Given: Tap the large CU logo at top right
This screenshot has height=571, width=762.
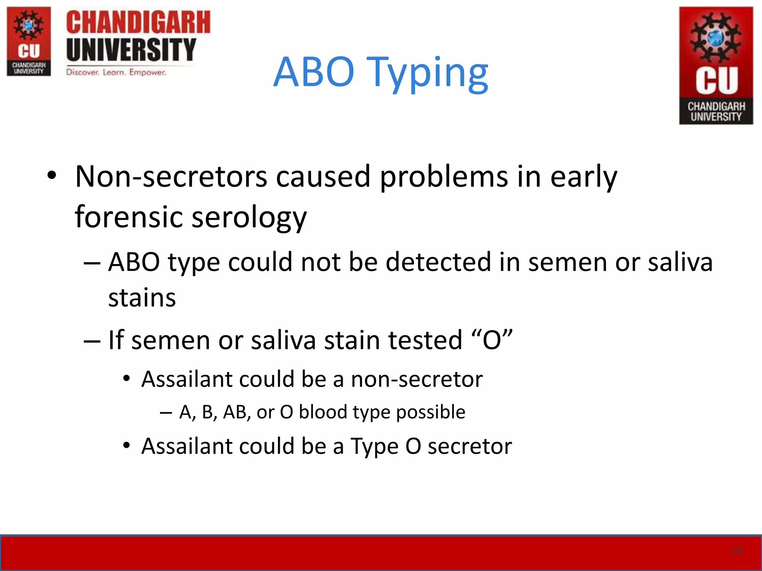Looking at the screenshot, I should pos(716,65).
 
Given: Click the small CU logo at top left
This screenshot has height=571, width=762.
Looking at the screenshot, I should pos(29,41).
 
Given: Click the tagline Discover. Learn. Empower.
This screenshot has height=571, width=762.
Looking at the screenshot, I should pos(116,72).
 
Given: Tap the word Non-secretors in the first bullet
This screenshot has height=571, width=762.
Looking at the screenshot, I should pos(171,177).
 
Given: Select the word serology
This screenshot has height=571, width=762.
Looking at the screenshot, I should pos(249,217).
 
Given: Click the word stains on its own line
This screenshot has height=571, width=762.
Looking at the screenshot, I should pos(142,298).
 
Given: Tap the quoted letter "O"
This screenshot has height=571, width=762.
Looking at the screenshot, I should pos(492,340).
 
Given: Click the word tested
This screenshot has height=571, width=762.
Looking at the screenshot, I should pos(425,340).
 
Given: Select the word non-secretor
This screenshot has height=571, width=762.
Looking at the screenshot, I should pos(417,379).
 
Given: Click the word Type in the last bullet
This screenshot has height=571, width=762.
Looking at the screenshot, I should pos(374,446).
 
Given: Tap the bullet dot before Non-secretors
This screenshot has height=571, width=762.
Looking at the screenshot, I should pos(52,175).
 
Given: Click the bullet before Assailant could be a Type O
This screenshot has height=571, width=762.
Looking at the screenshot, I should pos(127,445).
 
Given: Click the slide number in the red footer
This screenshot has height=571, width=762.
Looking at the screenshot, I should pos(736,551).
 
